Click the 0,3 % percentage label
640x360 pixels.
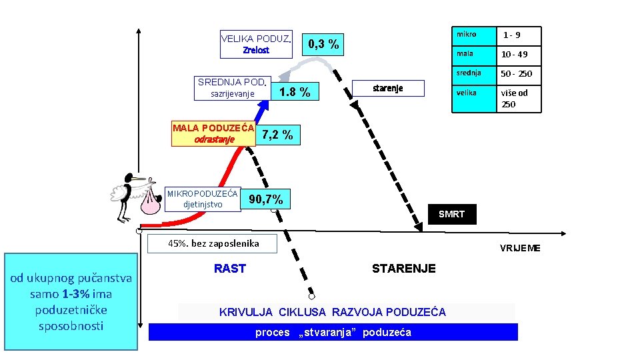(x=323, y=45)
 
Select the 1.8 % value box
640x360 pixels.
(x=295, y=93)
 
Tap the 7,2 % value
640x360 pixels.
(x=278, y=135)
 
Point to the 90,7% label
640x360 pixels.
(x=266, y=199)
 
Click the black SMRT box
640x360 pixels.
(x=451, y=214)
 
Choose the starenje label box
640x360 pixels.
(x=388, y=88)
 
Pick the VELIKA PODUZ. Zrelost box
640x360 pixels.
(x=257, y=44)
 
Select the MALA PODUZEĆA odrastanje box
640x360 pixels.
(x=214, y=133)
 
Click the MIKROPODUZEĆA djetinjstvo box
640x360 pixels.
(x=203, y=199)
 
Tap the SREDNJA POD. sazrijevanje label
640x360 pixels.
(x=233, y=88)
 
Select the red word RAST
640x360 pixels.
(x=230, y=269)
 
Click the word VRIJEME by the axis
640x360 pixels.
(x=520, y=248)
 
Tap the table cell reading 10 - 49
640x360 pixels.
(x=515, y=54)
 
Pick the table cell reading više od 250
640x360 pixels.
(x=514, y=98)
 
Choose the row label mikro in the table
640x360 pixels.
(x=467, y=34)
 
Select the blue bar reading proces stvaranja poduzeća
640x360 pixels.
(x=333, y=332)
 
